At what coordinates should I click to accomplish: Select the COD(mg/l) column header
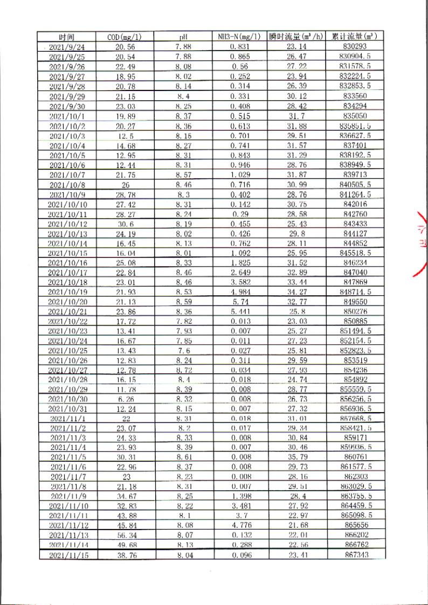pyautogui.click(x=125, y=37)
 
